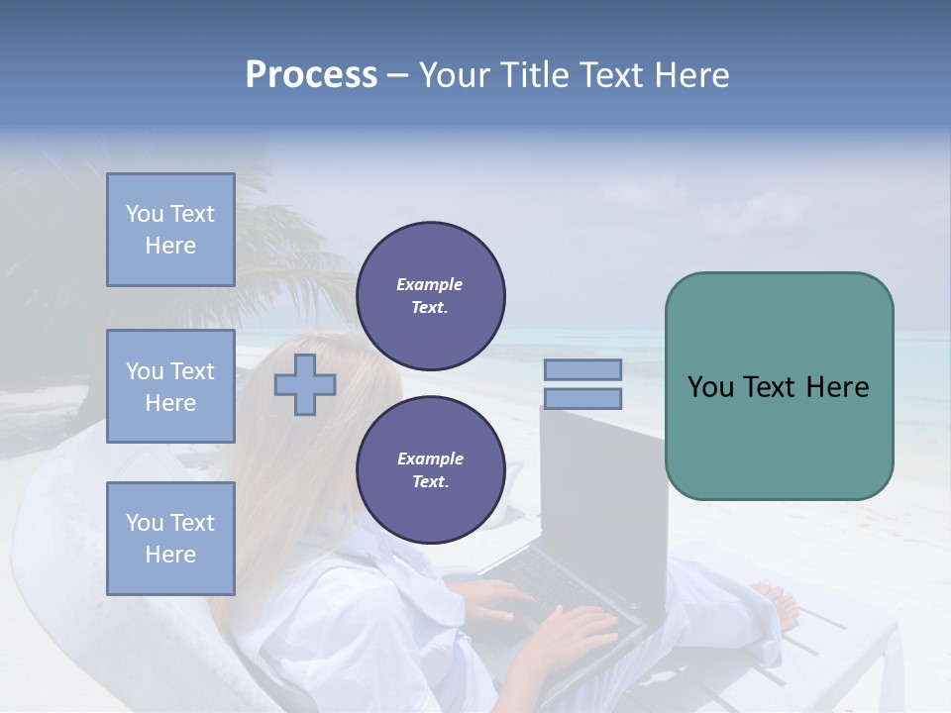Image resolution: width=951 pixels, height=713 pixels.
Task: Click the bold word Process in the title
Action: pyautogui.click(x=311, y=74)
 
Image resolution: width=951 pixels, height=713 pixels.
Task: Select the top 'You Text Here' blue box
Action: pyautogui.click(x=170, y=230)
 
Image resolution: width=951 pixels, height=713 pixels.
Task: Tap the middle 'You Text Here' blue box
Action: pyautogui.click(x=170, y=386)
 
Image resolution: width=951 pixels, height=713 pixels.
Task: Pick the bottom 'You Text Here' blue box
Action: pyautogui.click(x=170, y=538)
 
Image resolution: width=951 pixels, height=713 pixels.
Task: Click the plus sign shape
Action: pyautogui.click(x=305, y=384)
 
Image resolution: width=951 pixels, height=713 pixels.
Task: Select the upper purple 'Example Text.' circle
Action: pyautogui.click(x=430, y=295)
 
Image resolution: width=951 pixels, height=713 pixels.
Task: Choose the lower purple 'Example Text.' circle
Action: pyautogui.click(x=430, y=469)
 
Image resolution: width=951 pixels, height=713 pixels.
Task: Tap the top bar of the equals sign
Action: pyautogui.click(x=582, y=369)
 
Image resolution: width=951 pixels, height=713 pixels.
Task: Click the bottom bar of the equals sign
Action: pyautogui.click(x=582, y=399)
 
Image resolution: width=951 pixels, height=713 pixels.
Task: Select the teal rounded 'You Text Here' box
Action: pyautogui.click(x=779, y=386)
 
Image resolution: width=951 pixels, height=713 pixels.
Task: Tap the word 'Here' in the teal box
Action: pyautogui.click(x=838, y=386)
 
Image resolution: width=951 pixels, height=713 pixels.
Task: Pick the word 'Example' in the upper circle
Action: pyautogui.click(x=430, y=284)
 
